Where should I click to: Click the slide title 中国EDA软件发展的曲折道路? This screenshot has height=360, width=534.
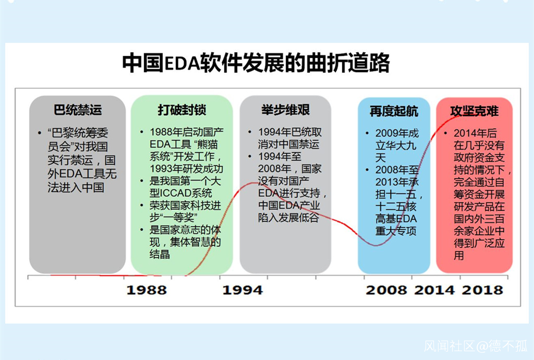(256, 62)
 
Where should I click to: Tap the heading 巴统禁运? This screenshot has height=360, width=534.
(78, 110)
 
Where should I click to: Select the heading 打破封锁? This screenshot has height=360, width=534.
(182, 110)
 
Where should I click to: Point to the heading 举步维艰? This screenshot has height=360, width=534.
(285, 110)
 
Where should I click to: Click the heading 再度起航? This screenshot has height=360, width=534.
(394, 111)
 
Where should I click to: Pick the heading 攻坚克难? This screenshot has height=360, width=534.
(474, 111)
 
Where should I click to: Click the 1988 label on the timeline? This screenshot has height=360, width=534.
(147, 290)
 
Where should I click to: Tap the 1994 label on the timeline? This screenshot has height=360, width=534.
(242, 290)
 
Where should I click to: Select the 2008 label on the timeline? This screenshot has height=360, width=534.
(386, 290)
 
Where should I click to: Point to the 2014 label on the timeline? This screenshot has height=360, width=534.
(434, 290)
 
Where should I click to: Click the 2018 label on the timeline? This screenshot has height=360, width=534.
(482, 290)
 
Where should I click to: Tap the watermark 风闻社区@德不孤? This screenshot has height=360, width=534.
(476, 346)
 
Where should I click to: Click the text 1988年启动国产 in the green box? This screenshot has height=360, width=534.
(187, 132)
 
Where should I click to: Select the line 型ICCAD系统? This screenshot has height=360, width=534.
(181, 193)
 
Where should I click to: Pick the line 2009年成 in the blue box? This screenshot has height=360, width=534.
(397, 133)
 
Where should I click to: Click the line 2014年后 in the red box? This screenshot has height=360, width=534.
(475, 133)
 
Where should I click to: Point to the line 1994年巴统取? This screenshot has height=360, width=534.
(290, 132)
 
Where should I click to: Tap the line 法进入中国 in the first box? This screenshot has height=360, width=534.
(76, 188)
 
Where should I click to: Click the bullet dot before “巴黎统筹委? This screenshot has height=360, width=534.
(40, 133)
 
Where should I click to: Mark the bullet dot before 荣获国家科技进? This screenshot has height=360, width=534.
(142, 206)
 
